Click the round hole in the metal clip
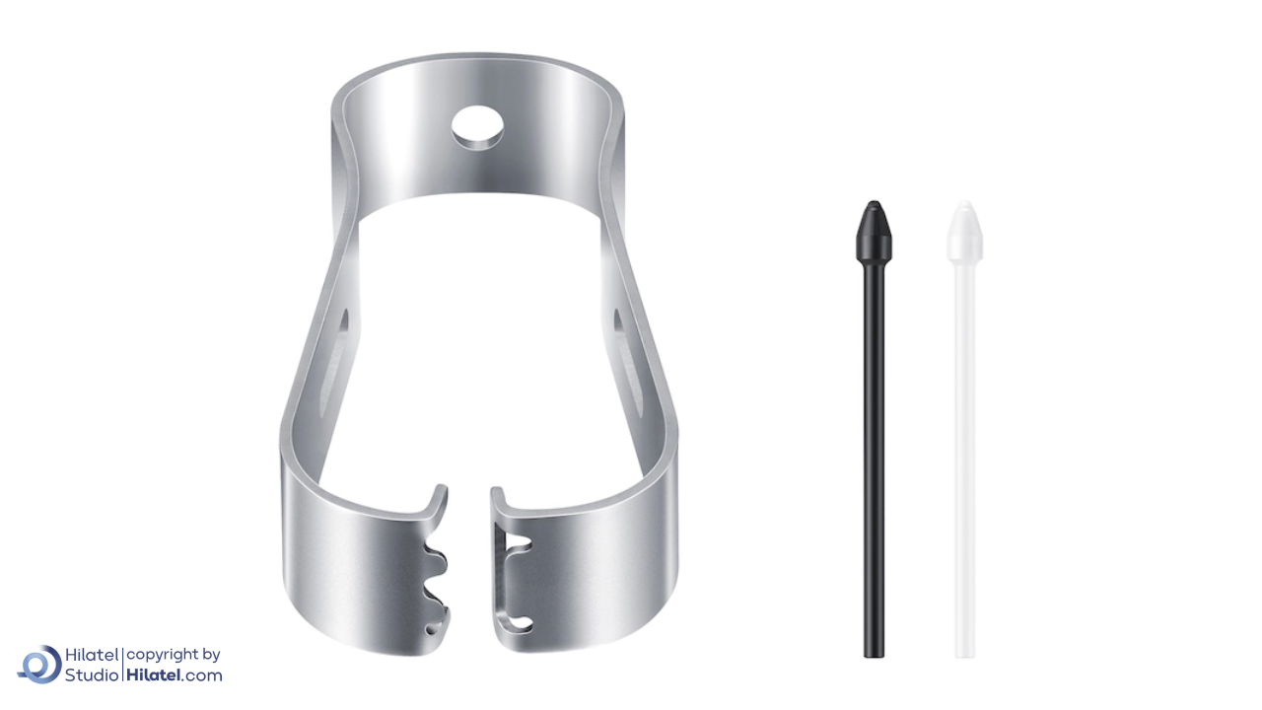tap(477, 127)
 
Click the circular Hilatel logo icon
tap(39, 665)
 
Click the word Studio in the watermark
tap(92, 675)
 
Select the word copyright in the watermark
tap(163, 656)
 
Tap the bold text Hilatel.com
tap(175, 675)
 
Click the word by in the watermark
tap(211, 656)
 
